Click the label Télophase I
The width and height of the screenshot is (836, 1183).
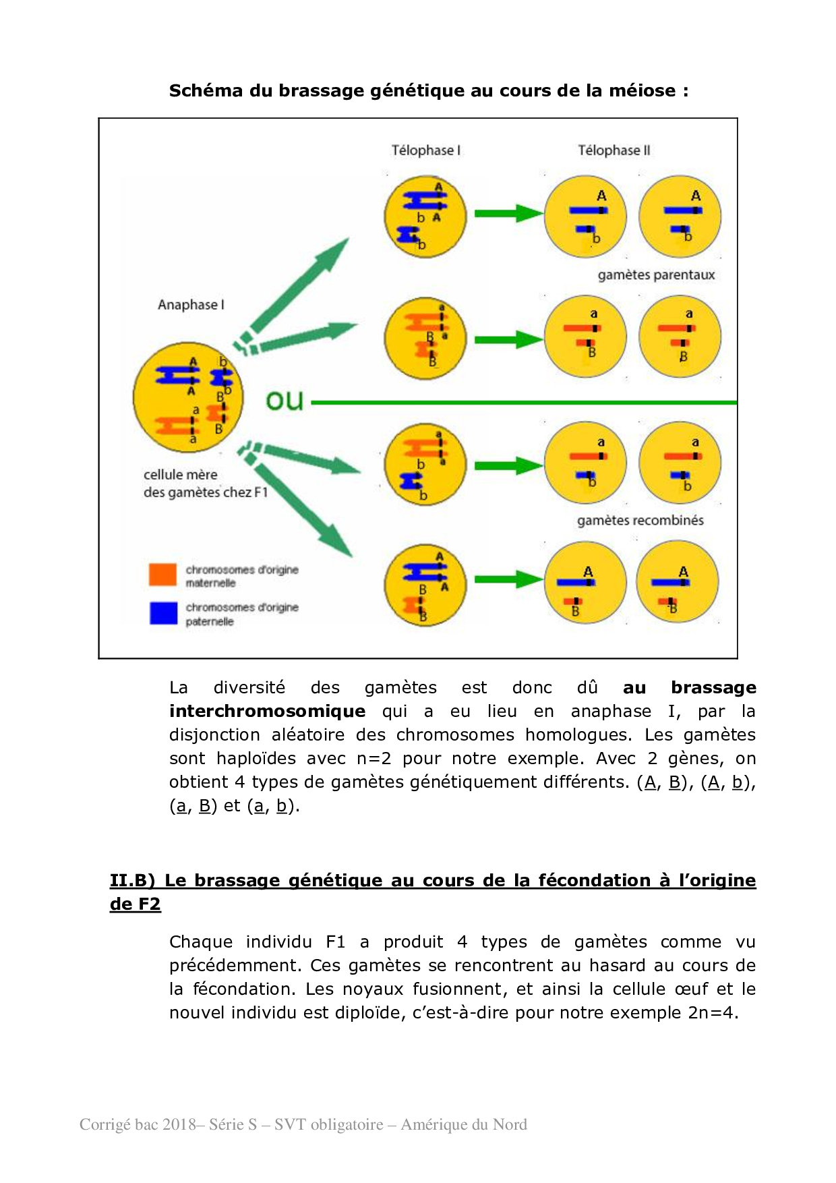click(425, 150)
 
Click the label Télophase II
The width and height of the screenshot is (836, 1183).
click(614, 150)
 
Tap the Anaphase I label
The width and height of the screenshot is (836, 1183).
click(191, 305)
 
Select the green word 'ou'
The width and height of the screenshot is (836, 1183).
click(285, 401)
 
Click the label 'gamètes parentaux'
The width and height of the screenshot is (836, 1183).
click(656, 275)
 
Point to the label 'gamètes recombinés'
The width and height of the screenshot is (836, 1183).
click(640, 521)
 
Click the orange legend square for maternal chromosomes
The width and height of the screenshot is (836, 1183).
click(162, 575)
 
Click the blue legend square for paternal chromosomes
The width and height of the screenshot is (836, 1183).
click(163, 613)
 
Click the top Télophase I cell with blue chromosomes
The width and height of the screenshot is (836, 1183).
click(425, 216)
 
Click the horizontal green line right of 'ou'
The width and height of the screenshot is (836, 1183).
click(526, 403)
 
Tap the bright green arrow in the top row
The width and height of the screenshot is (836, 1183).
click(507, 214)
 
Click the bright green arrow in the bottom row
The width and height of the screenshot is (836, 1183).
click(507, 579)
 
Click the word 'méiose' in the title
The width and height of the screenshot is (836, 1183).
click(642, 91)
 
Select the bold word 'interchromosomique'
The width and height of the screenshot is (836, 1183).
click(267, 712)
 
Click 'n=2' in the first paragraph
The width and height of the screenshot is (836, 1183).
click(374, 759)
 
